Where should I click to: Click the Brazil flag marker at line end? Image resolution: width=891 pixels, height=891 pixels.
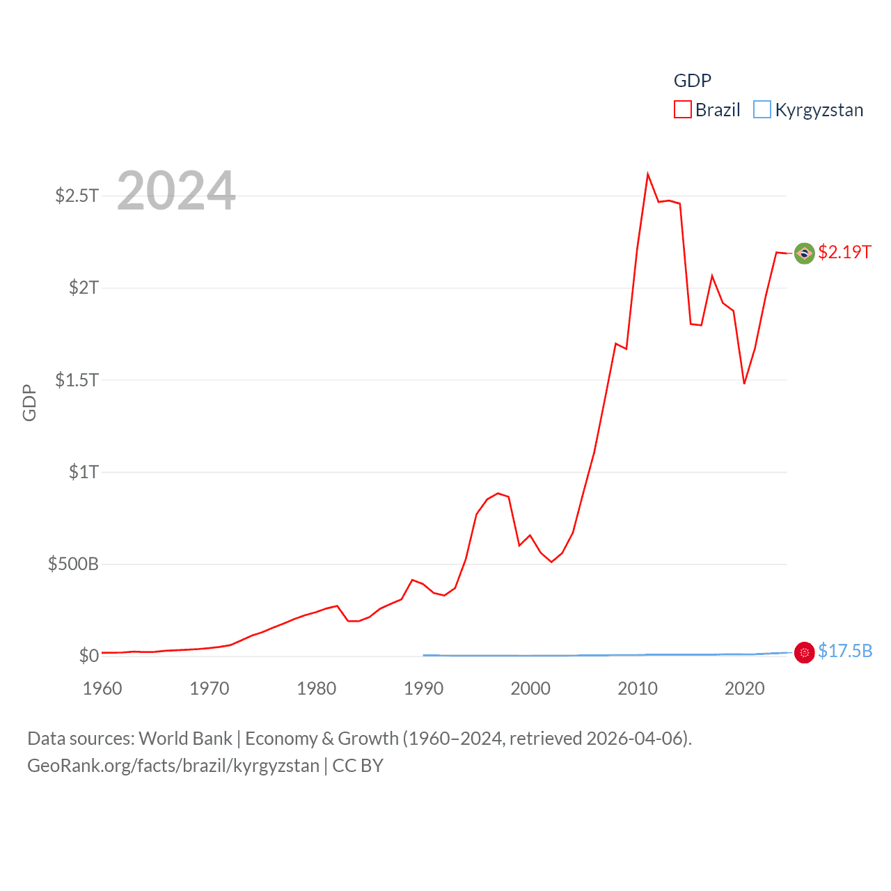[x=804, y=253]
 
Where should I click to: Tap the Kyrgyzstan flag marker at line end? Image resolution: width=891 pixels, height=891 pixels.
[x=804, y=652]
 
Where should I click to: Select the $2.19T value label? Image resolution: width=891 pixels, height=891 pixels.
[x=844, y=252]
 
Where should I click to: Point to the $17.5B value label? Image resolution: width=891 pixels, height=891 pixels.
[x=845, y=651]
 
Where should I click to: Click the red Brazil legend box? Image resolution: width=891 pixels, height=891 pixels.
[x=682, y=110]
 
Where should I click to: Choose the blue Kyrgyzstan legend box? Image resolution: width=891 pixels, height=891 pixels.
[x=762, y=110]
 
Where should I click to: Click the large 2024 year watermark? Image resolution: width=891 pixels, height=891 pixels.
[x=176, y=191]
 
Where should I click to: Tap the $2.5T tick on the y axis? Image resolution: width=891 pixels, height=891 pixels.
[x=77, y=196]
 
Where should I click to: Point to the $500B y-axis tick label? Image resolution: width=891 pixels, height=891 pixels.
[x=73, y=564]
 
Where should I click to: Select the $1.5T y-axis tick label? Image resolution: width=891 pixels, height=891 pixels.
[x=77, y=380]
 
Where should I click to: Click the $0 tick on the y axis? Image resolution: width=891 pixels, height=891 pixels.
[x=88, y=656]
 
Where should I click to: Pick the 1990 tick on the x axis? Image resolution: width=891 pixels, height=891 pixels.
[x=423, y=688]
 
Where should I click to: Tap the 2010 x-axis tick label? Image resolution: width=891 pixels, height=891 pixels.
[x=637, y=688]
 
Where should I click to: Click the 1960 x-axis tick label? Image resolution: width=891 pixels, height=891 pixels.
[x=102, y=688]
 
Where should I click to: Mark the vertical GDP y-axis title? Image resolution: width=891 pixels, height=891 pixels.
[x=29, y=402]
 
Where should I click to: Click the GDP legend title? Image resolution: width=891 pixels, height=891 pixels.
[x=692, y=81]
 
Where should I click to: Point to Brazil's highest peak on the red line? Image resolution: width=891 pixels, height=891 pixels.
[x=647, y=175]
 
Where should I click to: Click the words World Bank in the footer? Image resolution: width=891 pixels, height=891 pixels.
[x=185, y=739]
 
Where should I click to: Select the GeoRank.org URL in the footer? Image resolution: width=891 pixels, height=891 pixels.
[x=173, y=766]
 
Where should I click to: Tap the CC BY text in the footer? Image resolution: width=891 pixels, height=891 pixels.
[x=358, y=766]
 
